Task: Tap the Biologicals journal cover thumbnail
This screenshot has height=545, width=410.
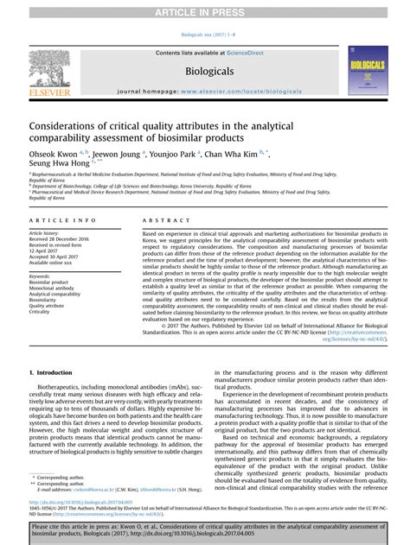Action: pyautogui.click(x=368, y=70)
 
